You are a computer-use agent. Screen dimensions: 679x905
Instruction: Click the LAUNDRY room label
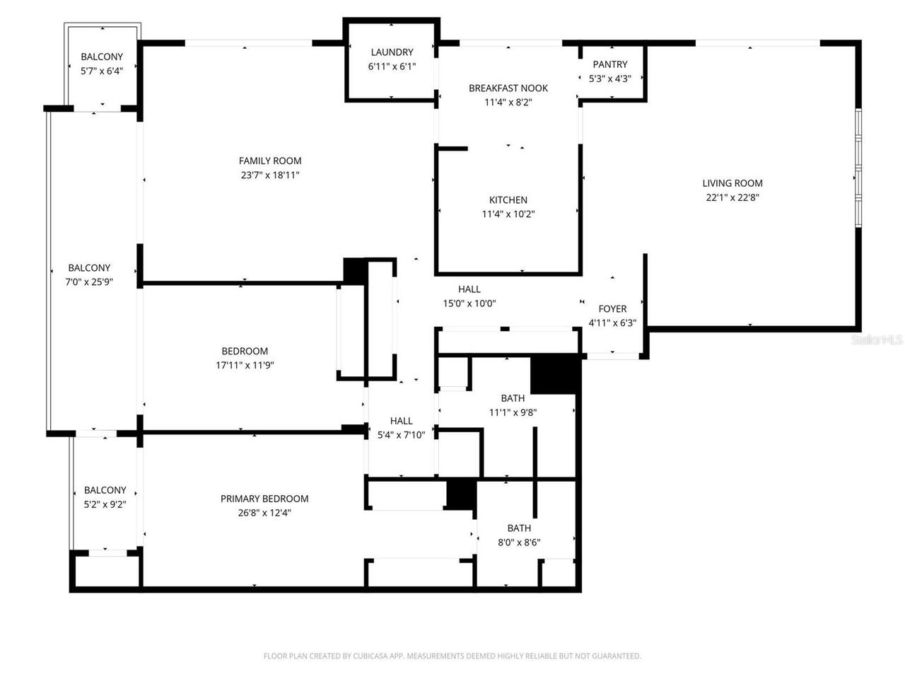(392, 52)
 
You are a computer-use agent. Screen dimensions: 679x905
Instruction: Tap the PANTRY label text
(610, 64)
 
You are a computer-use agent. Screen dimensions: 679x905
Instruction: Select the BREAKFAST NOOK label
(508, 88)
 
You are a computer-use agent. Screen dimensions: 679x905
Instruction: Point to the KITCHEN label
(508, 200)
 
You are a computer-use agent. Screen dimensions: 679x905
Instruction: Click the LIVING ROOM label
(732, 183)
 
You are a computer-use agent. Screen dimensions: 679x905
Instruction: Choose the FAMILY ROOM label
(270, 161)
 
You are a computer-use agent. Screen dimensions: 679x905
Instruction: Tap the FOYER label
(612, 309)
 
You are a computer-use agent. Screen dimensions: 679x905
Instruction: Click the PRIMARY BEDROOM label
(264, 499)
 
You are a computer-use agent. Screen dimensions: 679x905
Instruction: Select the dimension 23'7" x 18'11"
(270, 175)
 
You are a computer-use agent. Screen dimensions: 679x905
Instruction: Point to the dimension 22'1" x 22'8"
(732, 198)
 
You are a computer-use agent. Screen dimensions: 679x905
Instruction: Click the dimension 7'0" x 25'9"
(89, 282)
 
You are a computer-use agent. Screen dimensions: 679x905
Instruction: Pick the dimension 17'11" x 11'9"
(245, 366)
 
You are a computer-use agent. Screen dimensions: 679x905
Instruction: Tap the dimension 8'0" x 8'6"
(519, 542)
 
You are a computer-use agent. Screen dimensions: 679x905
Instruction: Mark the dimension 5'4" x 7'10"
(402, 435)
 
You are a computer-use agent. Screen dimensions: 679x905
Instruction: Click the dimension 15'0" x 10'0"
(469, 303)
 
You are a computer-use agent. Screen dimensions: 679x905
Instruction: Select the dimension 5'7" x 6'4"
(102, 71)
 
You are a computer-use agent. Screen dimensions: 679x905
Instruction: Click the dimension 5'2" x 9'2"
(105, 504)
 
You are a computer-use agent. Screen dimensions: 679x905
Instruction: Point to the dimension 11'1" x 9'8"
(513, 412)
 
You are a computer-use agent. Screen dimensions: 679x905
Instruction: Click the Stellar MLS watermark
(877, 340)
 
